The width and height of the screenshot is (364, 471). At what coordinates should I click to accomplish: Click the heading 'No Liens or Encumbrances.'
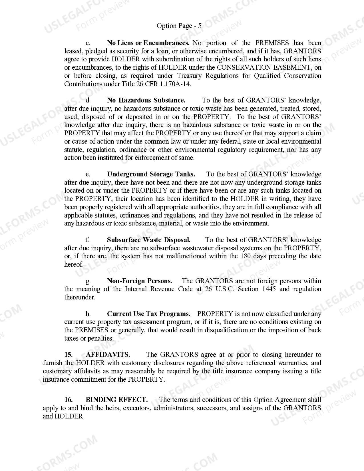pyautogui.click(x=148, y=43)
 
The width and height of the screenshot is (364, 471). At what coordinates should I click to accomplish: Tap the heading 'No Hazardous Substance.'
pyautogui.click(x=146, y=100)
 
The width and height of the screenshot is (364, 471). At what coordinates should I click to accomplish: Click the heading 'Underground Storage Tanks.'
pyautogui.click(x=151, y=174)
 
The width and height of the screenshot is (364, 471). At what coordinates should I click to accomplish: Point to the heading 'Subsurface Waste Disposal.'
pyautogui.click(x=148, y=240)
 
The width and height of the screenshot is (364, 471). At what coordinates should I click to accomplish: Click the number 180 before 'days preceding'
pyautogui.click(x=246, y=256)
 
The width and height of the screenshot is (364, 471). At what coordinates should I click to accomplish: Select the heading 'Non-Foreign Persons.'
pyautogui.click(x=139, y=281)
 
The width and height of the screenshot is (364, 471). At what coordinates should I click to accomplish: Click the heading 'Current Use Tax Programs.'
pyautogui.click(x=148, y=314)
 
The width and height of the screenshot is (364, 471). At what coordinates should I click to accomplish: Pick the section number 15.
pyautogui.click(x=68, y=355)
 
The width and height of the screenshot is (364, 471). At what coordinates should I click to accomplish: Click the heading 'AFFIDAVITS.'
pyautogui.click(x=108, y=355)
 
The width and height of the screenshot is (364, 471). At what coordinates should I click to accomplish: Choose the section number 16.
pyautogui.click(x=68, y=400)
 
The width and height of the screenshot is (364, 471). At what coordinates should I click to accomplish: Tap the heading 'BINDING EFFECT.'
pyautogui.click(x=117, y=400)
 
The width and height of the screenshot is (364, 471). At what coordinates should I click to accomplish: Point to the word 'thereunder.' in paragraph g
pyautogui.click(x=80, y=297)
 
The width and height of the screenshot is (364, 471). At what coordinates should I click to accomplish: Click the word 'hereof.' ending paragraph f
pyautogui.click(x=74, y=264)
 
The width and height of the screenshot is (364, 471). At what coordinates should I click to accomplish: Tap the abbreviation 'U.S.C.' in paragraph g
pyautogui.click(x=225, y=289)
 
